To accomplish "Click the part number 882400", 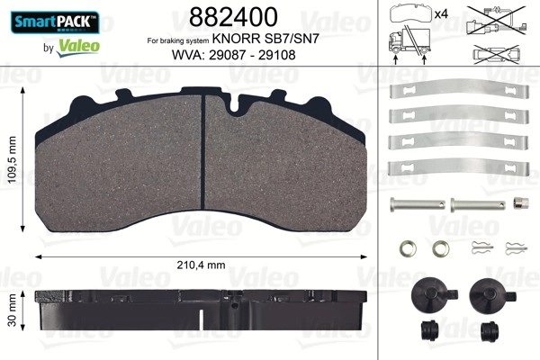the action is pos(233,17).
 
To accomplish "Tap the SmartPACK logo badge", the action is pos(55,22).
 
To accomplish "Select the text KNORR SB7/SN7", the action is pos(265,39).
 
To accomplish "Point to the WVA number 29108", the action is pos(277,55).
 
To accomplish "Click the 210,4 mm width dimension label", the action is pos(201,265).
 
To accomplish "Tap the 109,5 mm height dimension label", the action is pos(13,159).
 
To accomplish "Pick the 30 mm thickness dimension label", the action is pos(13,310).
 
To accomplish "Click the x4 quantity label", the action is pos(441,14).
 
